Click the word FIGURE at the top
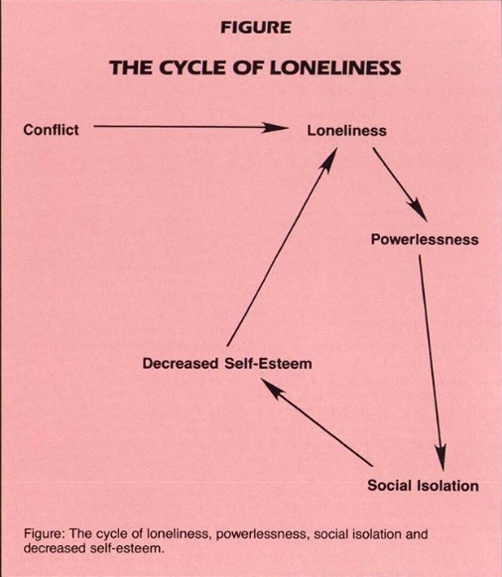click(x=256, y=28)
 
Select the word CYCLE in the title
click(x=190, y=67)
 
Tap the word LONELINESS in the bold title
click(x=335, y=67)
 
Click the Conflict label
click(x=51, y=130)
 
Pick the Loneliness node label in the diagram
click(x=347, y=131)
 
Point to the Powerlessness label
click(x=425, y=240)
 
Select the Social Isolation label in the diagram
click(x=424, y=486)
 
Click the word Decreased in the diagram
click(x=181, y=364)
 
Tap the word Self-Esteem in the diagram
click(x=268, y=364)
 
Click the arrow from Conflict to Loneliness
click(x=191, y=127)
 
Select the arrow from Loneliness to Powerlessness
click(x=401, y=184)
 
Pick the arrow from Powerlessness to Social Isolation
click(x=432, y=363)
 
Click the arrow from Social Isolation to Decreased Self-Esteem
click(x=316, y=421)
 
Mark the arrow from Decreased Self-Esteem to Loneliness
click(x=282, y=247)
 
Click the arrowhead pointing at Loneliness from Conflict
click(x=276, y=128)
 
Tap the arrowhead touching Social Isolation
click(x=441, y=457)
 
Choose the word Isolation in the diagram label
click(x=448, y=486)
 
